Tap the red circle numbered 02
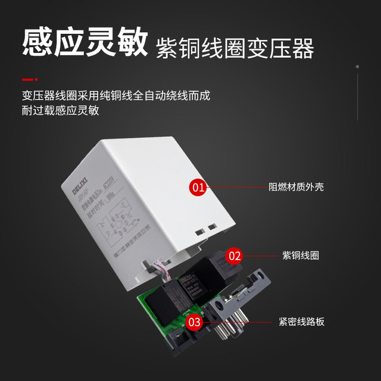point(235,257)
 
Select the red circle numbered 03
point(194,322)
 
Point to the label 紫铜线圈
point(300,256)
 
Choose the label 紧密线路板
point(302,322)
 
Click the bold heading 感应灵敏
point(84,42)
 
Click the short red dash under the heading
point(29,79)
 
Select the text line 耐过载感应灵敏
point(60,111)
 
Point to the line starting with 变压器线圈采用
point(115,95)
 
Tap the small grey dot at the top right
point(357,66)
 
